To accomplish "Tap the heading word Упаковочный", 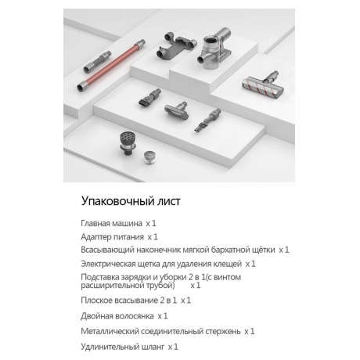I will tap(119, 201).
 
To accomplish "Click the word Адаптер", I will tap(99, 236).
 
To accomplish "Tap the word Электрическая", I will tap(112, 264).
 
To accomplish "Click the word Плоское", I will tap(99, 301).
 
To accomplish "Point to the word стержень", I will tap(219, 331).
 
